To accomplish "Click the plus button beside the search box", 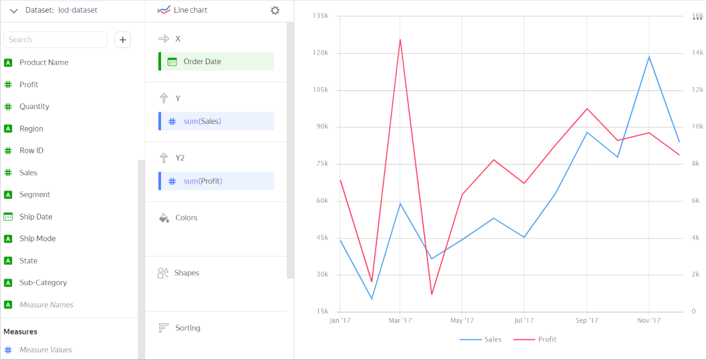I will [123, 40].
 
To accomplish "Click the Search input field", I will [56, 40].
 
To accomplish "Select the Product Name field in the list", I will [44, 62].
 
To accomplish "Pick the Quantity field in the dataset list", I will [34, 107].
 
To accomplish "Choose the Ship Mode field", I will [37, 239].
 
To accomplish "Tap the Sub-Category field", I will [42, 282].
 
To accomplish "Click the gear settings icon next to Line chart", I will [275, 10].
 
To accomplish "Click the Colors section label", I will [186, 218].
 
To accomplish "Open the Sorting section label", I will [187, 328].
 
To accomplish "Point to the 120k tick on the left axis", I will [320, 53].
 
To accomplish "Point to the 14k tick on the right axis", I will [697, 53].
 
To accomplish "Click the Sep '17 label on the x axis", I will [586, 320].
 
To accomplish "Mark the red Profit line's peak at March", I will [400, 40].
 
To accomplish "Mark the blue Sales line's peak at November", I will [649, 56].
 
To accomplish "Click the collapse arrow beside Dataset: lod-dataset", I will [13, 10].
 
